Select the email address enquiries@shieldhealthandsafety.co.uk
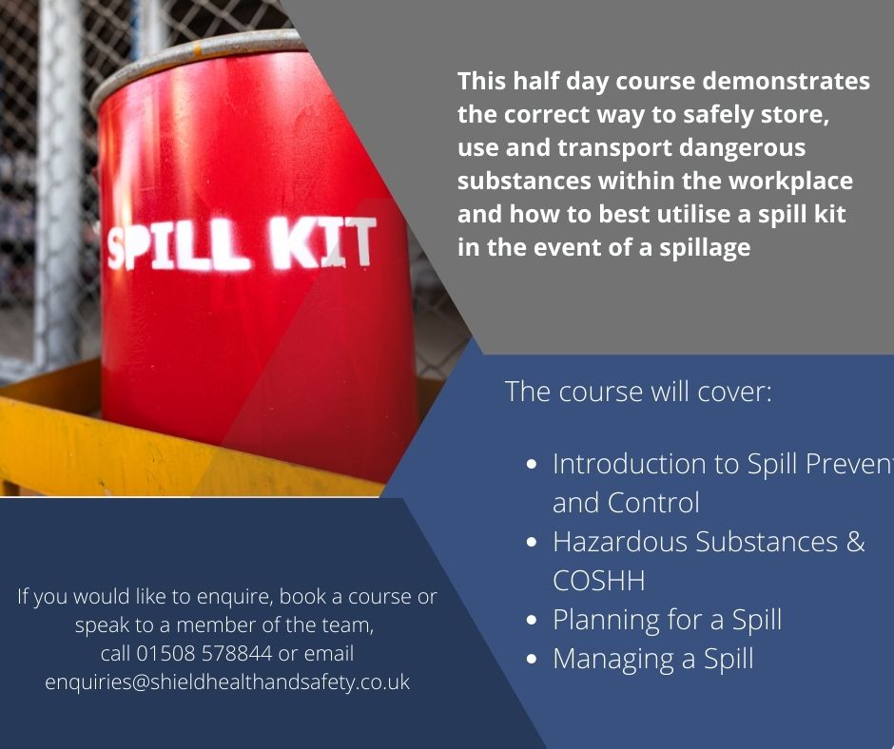227,682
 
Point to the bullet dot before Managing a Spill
534,659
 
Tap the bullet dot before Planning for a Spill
534,621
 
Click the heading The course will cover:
637,392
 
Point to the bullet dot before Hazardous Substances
534,543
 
